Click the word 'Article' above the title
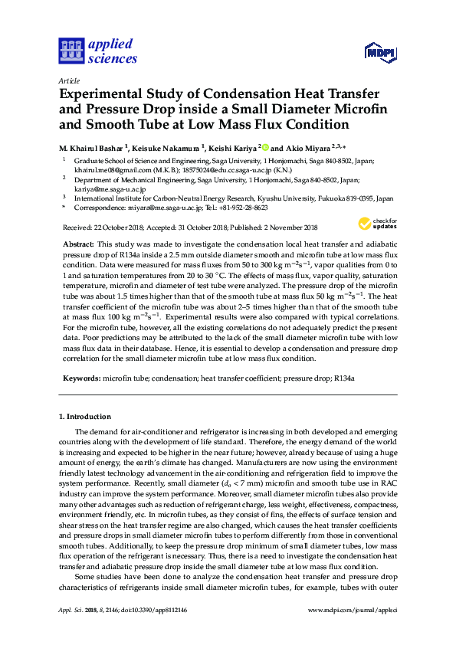[67, 80]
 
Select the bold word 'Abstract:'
[78, 242]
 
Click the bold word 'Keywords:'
[80, 378]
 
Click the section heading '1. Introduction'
[85, 417]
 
